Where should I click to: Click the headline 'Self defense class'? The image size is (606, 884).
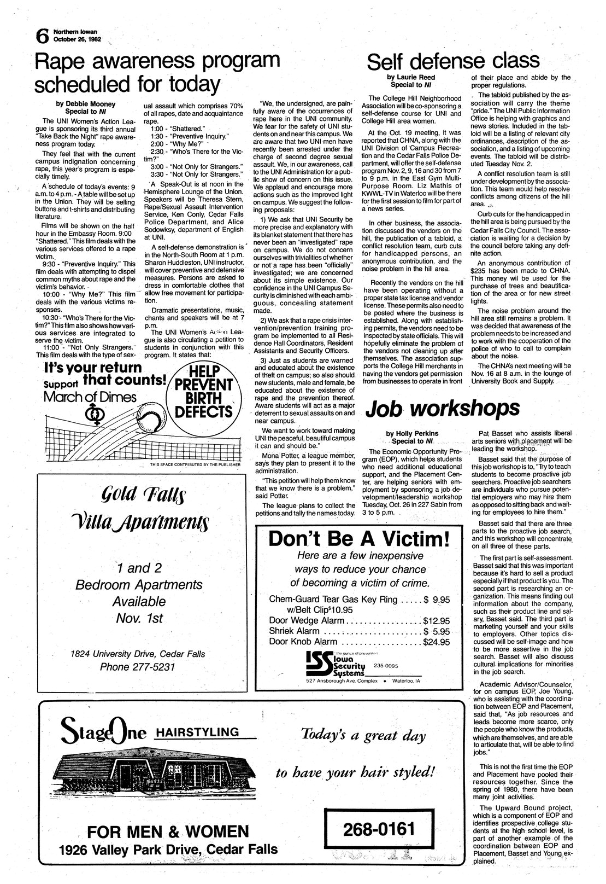point(453,60)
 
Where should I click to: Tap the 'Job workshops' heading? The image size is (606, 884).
point(443,408)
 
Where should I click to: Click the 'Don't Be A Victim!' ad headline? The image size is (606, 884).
point(358,540)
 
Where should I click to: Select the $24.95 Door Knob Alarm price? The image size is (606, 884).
point(436,642)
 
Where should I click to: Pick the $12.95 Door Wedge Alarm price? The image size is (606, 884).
point(436,621)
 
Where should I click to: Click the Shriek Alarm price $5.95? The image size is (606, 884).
point(436,631)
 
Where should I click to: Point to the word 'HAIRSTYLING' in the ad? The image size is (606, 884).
point(197,732)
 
